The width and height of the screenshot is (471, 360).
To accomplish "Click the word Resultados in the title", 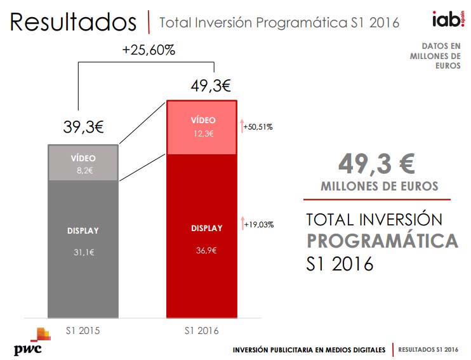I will (73, 22).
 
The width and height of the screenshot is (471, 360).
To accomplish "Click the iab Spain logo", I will (446, 20).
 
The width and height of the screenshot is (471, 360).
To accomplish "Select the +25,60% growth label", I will (149, 50).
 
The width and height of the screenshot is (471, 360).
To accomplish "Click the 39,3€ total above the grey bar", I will (83, 127).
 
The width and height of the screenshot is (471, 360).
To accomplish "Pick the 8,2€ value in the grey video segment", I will (83, 170).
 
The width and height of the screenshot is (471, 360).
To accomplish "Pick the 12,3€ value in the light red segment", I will (202, 133).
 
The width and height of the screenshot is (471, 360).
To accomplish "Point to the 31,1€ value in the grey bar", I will (83, 252).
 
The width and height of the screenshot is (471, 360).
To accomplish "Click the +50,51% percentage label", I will (257, 127).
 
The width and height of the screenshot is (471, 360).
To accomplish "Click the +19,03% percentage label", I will (257, 224).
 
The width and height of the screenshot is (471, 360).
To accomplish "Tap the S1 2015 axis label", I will (83, 330).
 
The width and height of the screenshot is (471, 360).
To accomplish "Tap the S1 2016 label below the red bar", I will (202, 330).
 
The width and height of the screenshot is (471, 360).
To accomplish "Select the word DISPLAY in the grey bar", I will (83, 230).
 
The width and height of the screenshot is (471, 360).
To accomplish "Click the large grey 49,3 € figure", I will (376, 164).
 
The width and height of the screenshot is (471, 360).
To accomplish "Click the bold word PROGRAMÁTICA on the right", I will (382, 241).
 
